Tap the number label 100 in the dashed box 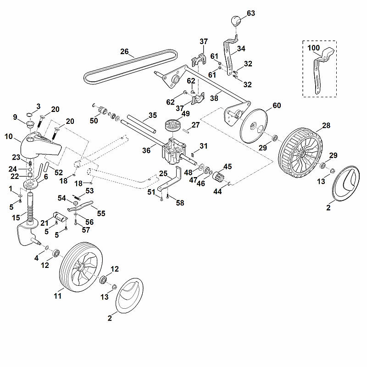tap(313, 48)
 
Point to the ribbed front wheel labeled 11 tap(81, 267)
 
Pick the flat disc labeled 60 tap(254, 126)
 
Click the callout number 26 tap(124, 51)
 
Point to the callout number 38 tap(214, 98)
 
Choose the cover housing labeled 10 tap(40, 146)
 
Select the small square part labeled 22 tap(30, 175)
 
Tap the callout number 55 tap(101, 213)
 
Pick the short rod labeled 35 tap(141, 123)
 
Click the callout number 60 tap(277, 106)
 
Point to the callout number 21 tap(44, 223)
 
